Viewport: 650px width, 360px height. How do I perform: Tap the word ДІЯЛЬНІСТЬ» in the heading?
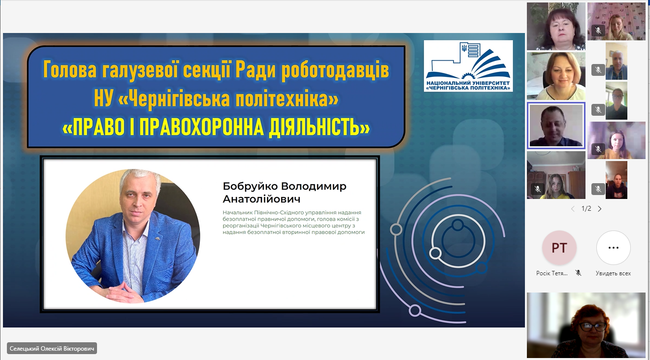click(319, 128)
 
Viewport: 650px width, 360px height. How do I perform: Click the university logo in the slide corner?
click(468, 66)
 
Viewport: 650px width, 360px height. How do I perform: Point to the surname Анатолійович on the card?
click(261, 199)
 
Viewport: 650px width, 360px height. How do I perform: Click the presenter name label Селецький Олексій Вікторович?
click(52, 348)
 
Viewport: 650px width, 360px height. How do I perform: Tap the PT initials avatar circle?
click(559, 248)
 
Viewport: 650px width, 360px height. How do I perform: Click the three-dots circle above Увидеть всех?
click(614, 248)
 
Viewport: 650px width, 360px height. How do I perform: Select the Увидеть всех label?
click(613, 273)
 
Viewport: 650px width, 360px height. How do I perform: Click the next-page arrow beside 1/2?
click(600, 209)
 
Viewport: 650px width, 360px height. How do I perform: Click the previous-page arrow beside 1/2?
click(573, 209)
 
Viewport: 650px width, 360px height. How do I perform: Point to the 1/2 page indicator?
click(586, 208)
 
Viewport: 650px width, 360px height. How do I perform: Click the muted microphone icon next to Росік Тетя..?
click(578, 273)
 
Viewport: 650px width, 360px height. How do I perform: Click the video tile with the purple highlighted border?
click(556, 126)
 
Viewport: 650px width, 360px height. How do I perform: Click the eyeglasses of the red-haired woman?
click(592, 327)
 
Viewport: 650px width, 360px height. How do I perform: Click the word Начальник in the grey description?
click(235, 213)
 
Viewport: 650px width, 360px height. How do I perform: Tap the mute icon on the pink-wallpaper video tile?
click(598, 30)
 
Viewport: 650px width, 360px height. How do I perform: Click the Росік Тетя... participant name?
click(552, 273)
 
